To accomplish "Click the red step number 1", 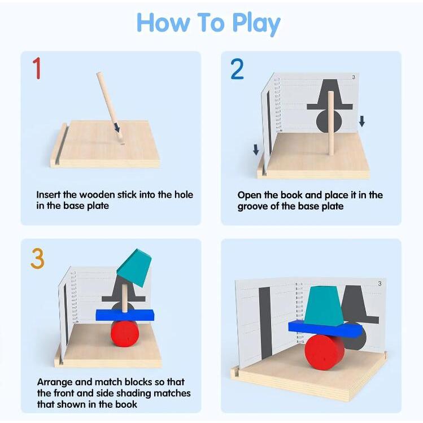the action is [37, 68].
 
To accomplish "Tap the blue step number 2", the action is [237, 69].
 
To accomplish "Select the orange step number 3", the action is [37, 259].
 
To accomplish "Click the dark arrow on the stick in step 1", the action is [116, 127].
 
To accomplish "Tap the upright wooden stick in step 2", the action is [331, 124].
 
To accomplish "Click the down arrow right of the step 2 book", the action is [362, 121].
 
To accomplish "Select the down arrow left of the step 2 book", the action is [256, 150].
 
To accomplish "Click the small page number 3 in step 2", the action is [354, 77].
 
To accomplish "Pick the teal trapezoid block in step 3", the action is [134, 268].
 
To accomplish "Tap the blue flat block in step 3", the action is [125, 315].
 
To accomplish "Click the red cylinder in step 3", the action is [125, 334].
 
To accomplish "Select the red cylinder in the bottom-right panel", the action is [325, 352].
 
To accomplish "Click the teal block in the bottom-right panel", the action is [324, 306].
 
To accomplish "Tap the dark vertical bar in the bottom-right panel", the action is [266, 324].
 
